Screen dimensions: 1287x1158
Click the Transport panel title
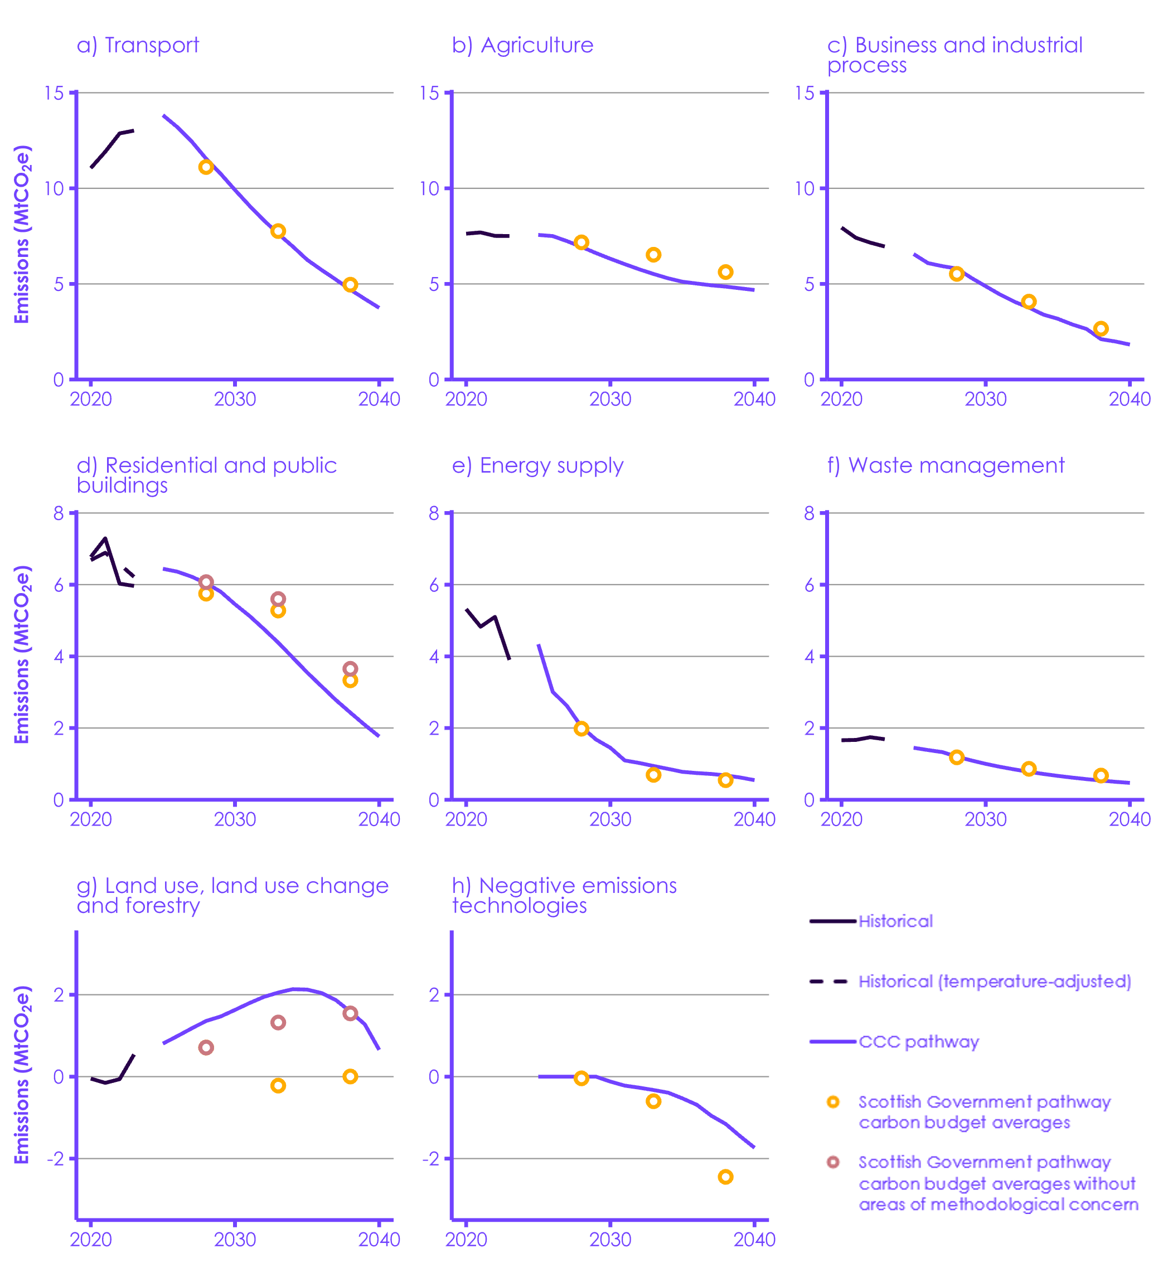(138, 45)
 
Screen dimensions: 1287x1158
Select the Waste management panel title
(946, 465)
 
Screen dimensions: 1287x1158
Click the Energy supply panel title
(537, 465)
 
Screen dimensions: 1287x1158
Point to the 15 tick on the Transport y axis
(54, 93)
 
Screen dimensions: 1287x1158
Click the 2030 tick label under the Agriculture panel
(610, 400)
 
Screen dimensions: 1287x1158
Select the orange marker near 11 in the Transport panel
(206, 167)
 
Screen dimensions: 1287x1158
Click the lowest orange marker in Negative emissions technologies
(725, 1177)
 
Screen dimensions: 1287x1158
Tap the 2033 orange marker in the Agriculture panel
(653, 255)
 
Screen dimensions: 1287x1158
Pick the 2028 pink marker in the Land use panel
(206, 1048)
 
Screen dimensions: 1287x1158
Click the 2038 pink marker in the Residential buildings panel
(350, 669)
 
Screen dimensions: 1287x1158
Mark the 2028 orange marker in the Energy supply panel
(581, 729)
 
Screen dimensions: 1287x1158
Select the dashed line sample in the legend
(828, 982)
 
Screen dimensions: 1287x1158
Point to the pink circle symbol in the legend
(832, 1162)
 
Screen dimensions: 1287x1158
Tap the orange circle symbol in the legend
(832, 1102)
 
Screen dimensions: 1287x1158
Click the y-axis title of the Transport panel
(22, 235)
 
